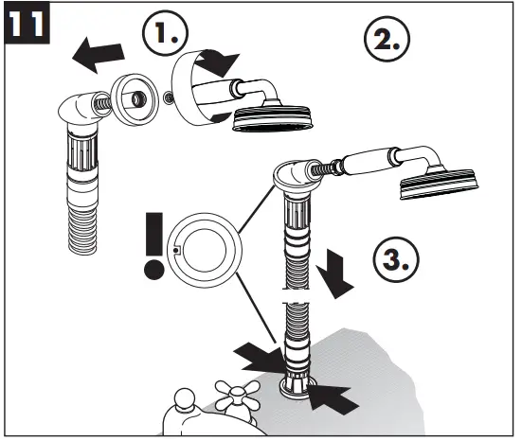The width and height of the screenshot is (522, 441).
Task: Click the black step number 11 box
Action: [x=27, y=23]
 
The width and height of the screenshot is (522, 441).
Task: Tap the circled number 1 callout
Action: [x=165, y=33]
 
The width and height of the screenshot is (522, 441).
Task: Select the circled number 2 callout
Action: [x=387, y=39]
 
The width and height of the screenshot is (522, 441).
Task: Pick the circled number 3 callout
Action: [x=396, y=259]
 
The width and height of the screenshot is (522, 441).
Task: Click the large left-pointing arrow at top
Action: [x=99, y=55]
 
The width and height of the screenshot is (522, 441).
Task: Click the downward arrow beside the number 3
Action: [x=334, y=273]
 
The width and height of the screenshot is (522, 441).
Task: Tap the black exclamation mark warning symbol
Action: [x=154, y=246]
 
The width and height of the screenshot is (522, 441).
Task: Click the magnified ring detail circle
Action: [x=205, y=250]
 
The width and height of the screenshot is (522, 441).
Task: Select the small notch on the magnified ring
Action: [x=176, y=250]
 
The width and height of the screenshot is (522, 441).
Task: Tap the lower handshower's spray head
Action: [x=440, y=184]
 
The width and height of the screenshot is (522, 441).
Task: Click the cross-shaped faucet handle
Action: [x=237, y=396]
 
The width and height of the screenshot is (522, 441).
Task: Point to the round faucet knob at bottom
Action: [x=184, y=399]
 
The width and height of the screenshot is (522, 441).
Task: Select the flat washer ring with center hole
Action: [x=135, y=98]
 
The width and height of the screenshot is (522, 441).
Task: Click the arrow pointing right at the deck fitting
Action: [x=258, y=358]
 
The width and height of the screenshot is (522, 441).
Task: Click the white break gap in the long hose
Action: [x=297, y=296]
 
